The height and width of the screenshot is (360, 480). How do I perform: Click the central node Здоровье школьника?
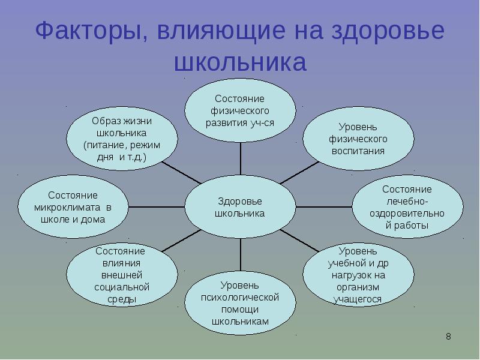240,207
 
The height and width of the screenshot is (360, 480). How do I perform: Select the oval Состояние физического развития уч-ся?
240,110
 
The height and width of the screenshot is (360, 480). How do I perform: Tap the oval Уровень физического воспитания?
358,139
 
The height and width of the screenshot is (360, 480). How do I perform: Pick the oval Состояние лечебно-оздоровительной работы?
407,207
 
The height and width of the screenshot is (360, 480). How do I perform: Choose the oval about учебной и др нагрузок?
358,275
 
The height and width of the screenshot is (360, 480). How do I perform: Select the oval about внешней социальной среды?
122,275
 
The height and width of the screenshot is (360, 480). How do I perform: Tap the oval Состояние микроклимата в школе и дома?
73,207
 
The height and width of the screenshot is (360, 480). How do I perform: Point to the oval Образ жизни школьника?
122,139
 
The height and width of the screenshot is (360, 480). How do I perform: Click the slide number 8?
448,337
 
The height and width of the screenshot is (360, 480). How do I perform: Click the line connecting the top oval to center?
240,160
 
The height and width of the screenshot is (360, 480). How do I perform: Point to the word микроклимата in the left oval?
68,208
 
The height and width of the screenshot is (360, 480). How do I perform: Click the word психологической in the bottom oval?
240,296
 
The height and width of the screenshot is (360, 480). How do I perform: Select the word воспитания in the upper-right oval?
358,151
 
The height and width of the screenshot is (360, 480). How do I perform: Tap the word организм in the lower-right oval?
358,287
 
